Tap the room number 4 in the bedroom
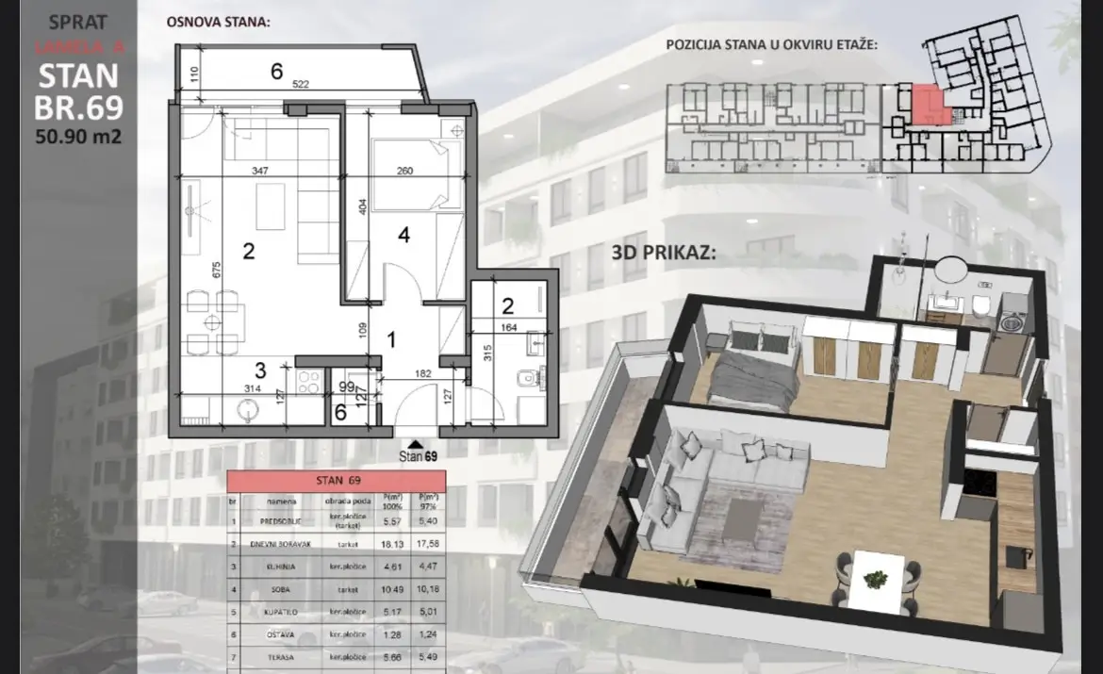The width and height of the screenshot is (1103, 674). point(403,237)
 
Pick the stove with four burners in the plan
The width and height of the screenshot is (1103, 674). point(308,383)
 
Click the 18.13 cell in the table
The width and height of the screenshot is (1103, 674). point(391,544)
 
